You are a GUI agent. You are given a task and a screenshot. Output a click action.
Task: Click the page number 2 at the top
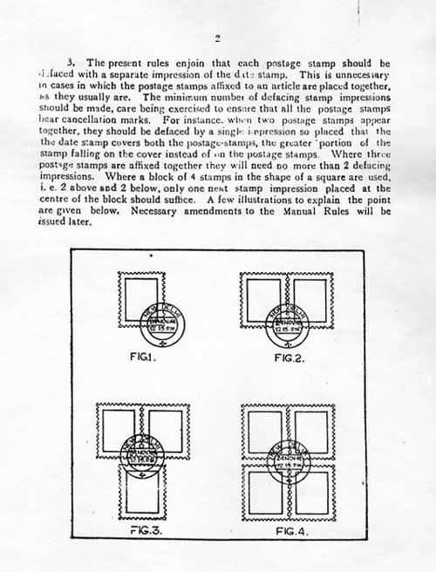[217, 37]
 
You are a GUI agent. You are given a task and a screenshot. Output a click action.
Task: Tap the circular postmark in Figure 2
[289, 327]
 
